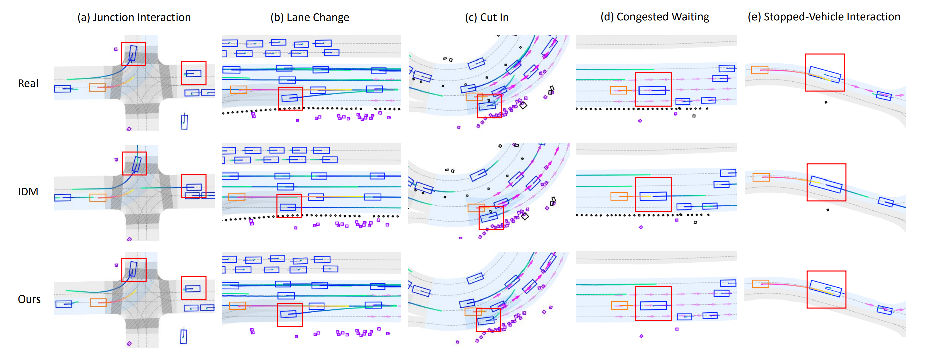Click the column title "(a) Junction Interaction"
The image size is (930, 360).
pos(134,17)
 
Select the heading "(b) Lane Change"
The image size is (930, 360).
pos(310,17)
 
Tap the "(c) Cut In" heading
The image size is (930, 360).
pos(487,17)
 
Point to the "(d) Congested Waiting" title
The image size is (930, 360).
pos(655,17)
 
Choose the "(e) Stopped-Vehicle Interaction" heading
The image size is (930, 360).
pos(824,17)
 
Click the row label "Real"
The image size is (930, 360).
pos(28,84)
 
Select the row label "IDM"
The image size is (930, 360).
pos(28,192)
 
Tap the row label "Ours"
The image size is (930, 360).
pos(29,299)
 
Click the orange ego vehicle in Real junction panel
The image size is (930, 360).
pos(98,87)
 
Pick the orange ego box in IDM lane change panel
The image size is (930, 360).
pos(237,197)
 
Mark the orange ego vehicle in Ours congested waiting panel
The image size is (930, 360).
pos(619,306)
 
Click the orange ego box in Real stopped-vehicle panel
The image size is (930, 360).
pos(760,70)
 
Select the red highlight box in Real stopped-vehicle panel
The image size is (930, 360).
pos(825,73)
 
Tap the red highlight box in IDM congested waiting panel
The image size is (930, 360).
pos(653,195)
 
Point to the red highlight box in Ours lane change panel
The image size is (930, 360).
pos(290,315)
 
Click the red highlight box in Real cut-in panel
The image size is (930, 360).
pos(489,106)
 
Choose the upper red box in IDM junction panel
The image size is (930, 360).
pos(135,163)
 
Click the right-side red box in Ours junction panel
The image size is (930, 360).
pos(194,288)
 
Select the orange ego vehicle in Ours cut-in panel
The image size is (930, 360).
pos(473,311)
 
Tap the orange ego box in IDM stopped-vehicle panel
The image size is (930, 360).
pos(761,177)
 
